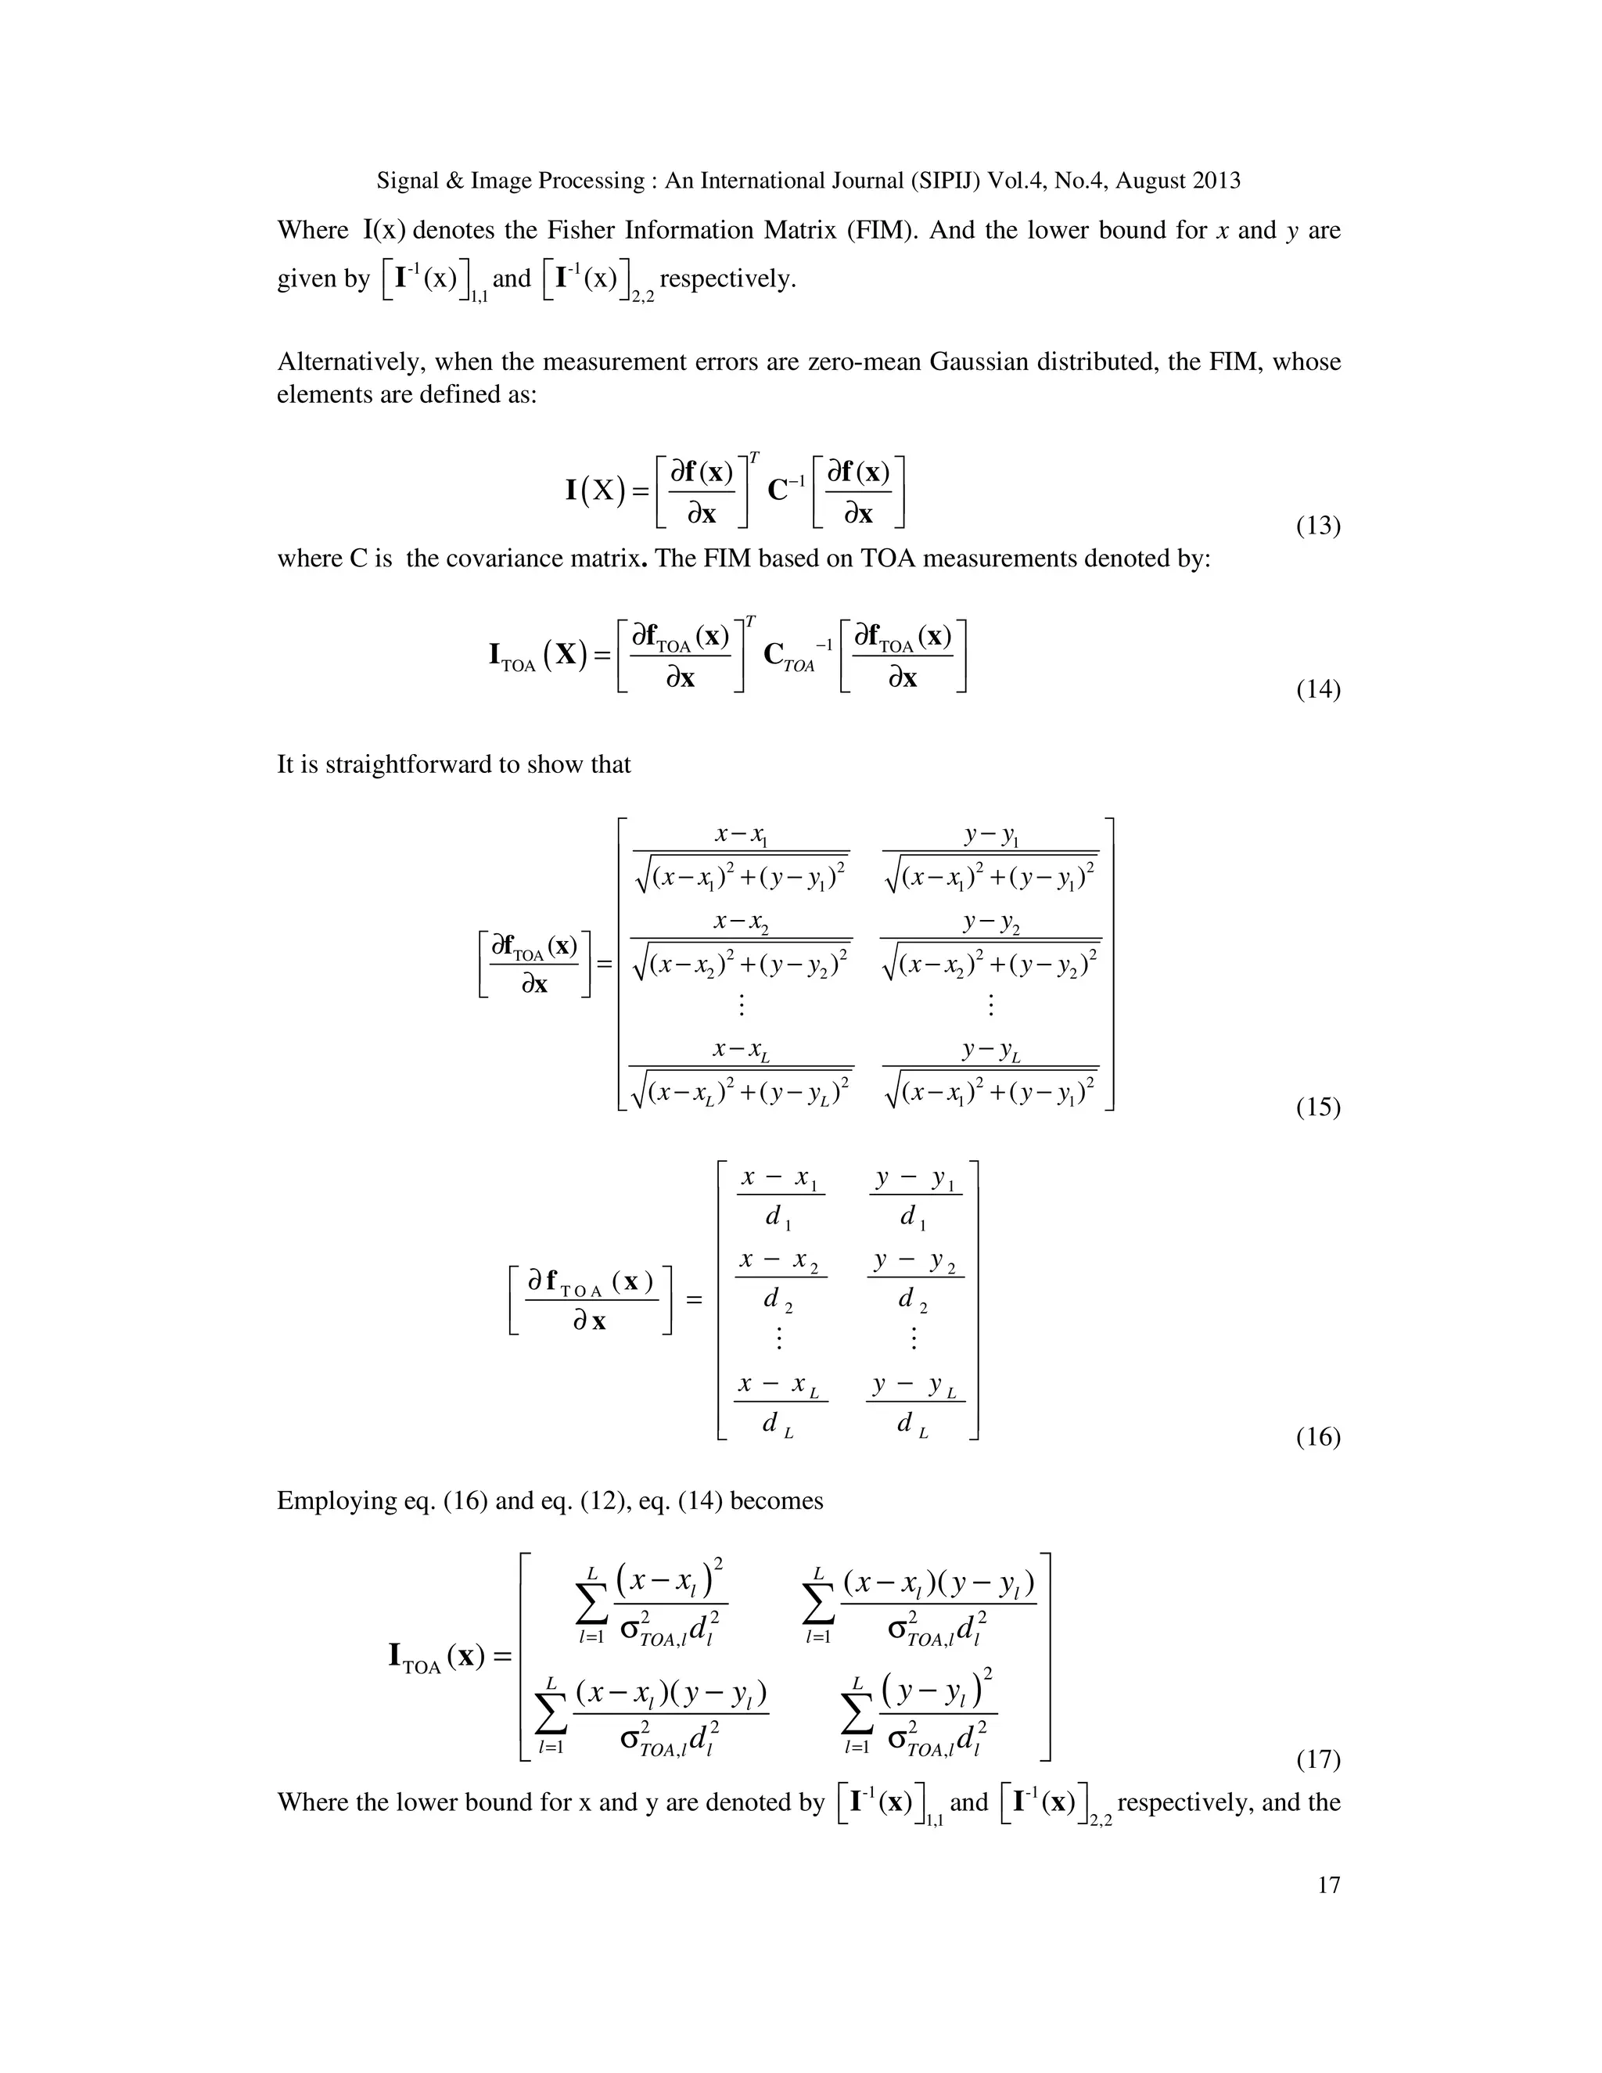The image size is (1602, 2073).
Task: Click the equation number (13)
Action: (1317, 526)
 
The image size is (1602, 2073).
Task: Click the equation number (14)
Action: (1317, 689)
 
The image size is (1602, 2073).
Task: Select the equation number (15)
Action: (1317, 1107)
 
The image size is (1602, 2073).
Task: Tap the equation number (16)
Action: (1317, 1437)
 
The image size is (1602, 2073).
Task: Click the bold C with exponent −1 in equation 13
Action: (784, 490)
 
